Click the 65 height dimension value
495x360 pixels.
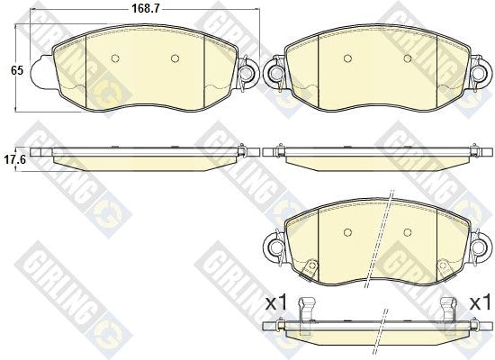pyautogui.click(x=17, y=70)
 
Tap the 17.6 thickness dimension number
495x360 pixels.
pyautogui.click(x=14, y=160)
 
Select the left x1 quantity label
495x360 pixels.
pyautogui.click(x=276, y=303)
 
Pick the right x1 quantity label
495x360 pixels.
pyautogui.click(x=481, y=303)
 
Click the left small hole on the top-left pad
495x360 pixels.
pyautogui.click(x=115, y=58)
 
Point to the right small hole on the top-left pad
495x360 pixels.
pyautogui.click(x=175, y=58)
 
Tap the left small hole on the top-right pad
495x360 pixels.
pyautogui.click(x=347, y=58)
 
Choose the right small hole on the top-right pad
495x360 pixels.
pyautogui.click(x=408, y=58)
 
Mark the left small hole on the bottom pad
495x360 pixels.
pyautogui.click(x=347, y=232)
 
